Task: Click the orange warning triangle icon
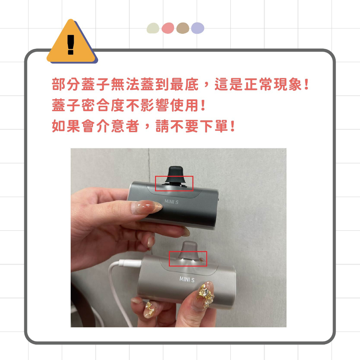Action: (72, 44)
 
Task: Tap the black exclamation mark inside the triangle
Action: (71, 45)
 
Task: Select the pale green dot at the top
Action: (153, 28)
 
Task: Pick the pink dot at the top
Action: (168, 28)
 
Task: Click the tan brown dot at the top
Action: (183, 28)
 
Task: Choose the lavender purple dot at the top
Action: (198, 28)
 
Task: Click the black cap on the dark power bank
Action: (174, 176)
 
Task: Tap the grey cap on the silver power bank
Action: (188, 251)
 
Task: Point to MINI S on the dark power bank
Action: (172, 202)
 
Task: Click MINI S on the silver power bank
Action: (187, 279)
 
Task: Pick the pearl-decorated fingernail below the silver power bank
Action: (149, 309)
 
